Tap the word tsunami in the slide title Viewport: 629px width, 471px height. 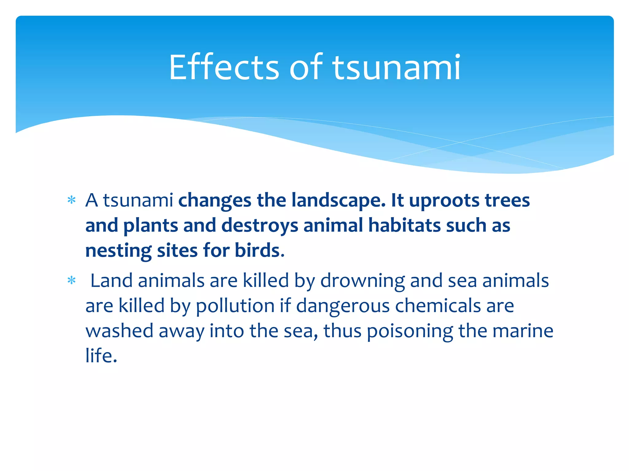[396, 67]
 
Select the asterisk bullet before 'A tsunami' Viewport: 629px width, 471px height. [72, 200]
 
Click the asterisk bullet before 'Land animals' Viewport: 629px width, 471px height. [72, 281]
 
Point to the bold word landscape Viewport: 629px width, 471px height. [338, 200]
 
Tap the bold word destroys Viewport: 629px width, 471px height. [260, 225]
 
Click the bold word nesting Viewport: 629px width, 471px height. [118, 251]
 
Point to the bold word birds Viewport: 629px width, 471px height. [260, 251]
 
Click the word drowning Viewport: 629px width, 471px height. [362, 281]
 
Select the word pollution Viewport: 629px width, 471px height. [235, 306]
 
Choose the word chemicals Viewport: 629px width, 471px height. [437, 306]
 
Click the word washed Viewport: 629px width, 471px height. [119, 331]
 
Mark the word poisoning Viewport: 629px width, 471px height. [410, 331]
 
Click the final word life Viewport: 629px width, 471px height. [101, 355]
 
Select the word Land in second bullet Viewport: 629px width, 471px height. [111, 281]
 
